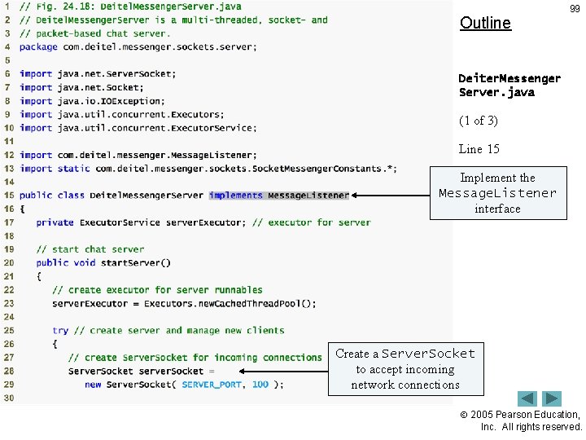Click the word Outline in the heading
click(485, 23)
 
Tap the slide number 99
click(575, 9)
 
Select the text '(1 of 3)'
click(479, 121)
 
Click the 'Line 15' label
click(479, 149)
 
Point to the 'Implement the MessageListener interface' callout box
click(497, 193)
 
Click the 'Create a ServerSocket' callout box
click(405, 369)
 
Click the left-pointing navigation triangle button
click(527, 398)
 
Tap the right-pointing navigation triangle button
click(553, 398)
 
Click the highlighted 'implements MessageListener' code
click(278, 196)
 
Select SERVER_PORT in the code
click(212, 385)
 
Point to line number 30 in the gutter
click(8, 398)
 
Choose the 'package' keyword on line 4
click(38, 47)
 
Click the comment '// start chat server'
click(90, 249)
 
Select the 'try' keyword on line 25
click(60, 331)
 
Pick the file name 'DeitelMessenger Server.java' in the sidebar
click(509, 85)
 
